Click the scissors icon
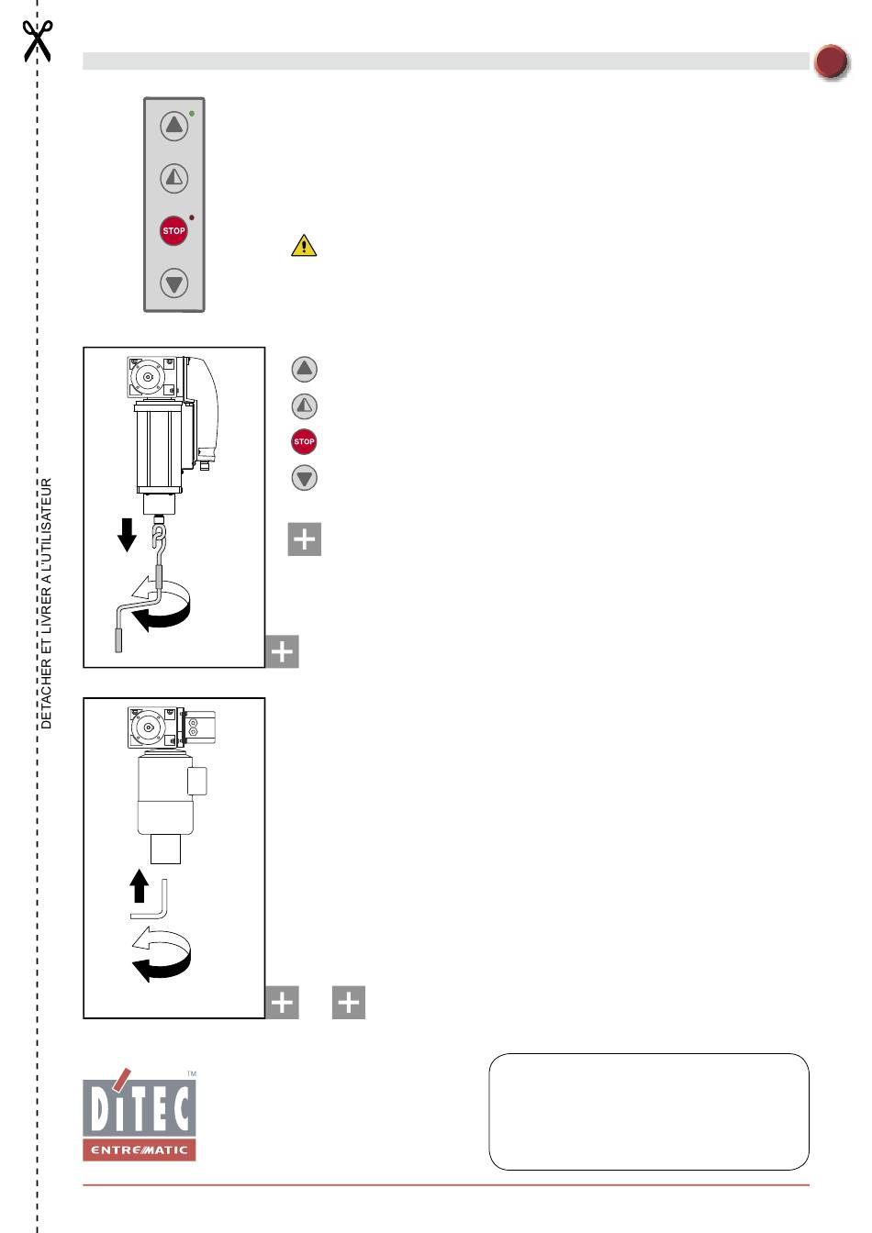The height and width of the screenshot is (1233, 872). pos(37,40)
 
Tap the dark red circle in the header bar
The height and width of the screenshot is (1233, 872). pos(832,61)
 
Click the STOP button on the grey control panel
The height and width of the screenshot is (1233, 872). pos(173,230)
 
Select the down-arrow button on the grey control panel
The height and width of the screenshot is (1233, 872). pos(174,283)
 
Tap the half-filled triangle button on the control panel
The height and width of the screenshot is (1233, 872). pos(174,178)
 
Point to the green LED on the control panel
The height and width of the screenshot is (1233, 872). pos(192,114)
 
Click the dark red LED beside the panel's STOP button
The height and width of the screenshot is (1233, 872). pos(192,217)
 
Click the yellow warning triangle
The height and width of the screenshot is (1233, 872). pos(304,246)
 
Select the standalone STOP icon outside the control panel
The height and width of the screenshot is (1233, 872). pos(304,441)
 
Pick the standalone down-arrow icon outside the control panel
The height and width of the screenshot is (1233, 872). pos(304,477)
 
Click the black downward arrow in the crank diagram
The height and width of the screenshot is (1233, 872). pos(128,535)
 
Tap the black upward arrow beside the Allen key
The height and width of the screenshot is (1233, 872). pos(139,885)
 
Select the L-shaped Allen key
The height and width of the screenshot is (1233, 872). pos(149,899)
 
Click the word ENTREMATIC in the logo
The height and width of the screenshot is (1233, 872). pos(140,1150)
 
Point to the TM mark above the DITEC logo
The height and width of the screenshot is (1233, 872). pos(192,1073)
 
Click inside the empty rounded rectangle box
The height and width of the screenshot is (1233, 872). pos(649,1111)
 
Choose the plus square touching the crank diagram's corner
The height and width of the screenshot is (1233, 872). pos(282,651)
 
